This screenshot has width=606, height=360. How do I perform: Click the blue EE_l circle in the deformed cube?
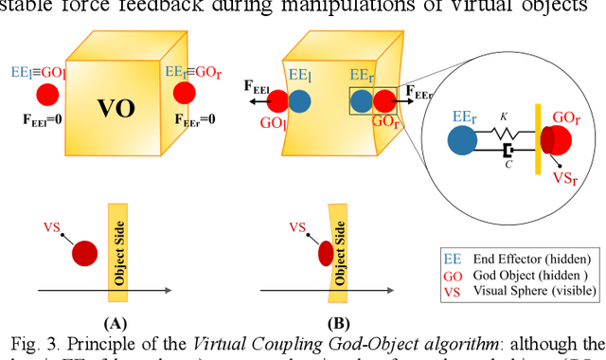coord(299,101)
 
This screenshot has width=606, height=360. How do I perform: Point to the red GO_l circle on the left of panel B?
coord(275,101)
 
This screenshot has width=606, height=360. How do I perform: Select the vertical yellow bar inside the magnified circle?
coord(534,139)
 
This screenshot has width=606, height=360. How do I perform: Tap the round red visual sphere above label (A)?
coord(85,253)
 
